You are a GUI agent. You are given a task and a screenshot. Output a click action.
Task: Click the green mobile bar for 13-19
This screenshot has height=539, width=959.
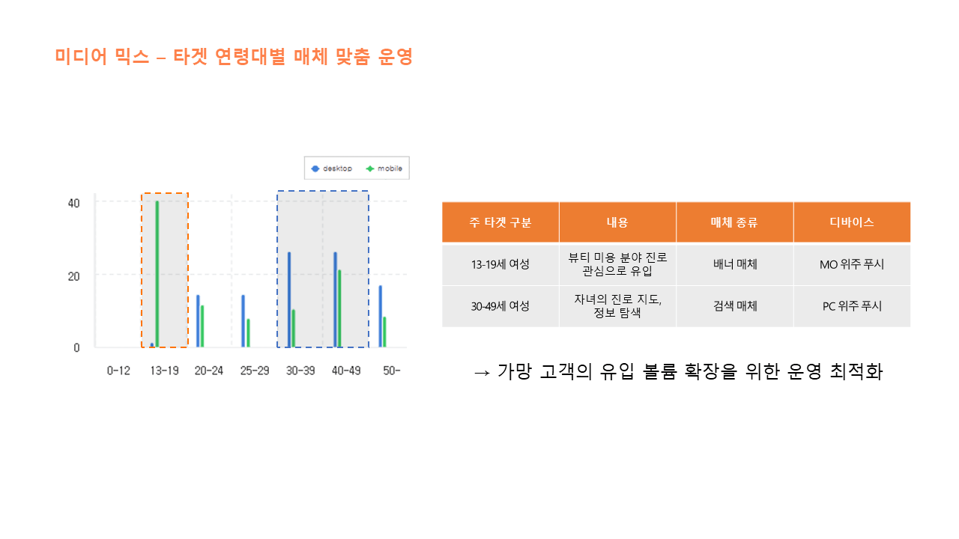[x=157, y=274]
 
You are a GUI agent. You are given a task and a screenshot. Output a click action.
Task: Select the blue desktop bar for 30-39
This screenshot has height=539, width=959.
[x=289, y=299]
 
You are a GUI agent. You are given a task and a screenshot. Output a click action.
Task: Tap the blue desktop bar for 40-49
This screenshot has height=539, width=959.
[x=335, y=299]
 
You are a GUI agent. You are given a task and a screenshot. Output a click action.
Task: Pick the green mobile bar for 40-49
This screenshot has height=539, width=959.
[x=339, y=308]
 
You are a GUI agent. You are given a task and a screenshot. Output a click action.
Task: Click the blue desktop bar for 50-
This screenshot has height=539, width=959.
[x=381, y=316]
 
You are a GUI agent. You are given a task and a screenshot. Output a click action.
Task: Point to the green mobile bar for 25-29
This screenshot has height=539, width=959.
[x=248, y=333]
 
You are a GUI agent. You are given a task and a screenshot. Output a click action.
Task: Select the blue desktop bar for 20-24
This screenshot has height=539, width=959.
[x=198, y=321]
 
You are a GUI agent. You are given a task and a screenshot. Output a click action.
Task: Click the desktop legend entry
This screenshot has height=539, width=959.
[x=332, y=168]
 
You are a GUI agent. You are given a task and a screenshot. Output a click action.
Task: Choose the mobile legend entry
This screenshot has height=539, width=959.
[x=384, y=168]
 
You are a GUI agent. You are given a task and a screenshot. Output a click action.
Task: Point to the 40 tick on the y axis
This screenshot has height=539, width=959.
[x=73, y=204]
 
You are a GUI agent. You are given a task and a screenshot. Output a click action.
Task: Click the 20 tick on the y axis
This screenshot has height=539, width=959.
[x=73, y=277]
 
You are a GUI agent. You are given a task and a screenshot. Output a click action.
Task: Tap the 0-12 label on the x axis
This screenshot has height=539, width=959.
[x=118, y=371]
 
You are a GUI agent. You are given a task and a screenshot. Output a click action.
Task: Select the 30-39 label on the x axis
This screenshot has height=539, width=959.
[x=300, y=371]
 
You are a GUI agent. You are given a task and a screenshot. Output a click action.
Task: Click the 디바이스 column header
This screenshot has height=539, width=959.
[x=852, y=222]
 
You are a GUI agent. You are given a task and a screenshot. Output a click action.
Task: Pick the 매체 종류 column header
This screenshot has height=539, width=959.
[x=735, y=222]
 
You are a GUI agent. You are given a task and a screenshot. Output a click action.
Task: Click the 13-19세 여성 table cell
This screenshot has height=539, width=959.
[x=500, y=264]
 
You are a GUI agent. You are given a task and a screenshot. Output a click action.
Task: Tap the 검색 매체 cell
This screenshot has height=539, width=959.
[x=735, y=306]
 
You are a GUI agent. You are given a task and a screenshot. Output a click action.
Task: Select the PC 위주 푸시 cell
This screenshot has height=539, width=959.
[x=852, y=306]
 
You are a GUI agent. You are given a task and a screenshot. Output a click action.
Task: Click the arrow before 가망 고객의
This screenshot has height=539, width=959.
[x=482, y=373]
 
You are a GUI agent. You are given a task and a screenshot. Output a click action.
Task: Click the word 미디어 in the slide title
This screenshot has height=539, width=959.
[x=81, y=56]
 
